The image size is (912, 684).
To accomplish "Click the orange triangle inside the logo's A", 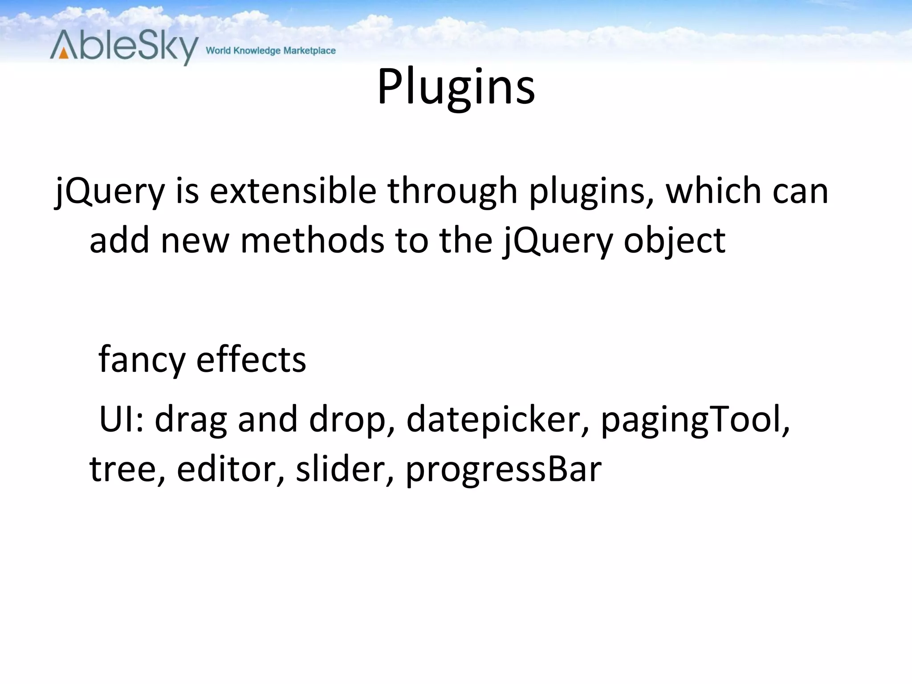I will click(x=64, y=54).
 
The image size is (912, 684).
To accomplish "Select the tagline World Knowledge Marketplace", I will click(x=271, y=51).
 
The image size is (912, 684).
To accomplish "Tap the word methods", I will click(x=312, y=240).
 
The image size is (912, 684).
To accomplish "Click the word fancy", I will click(x=141, y=360).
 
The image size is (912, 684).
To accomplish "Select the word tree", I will click(x=124, y=469).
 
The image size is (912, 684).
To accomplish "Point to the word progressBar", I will click(x=503, y=470).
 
